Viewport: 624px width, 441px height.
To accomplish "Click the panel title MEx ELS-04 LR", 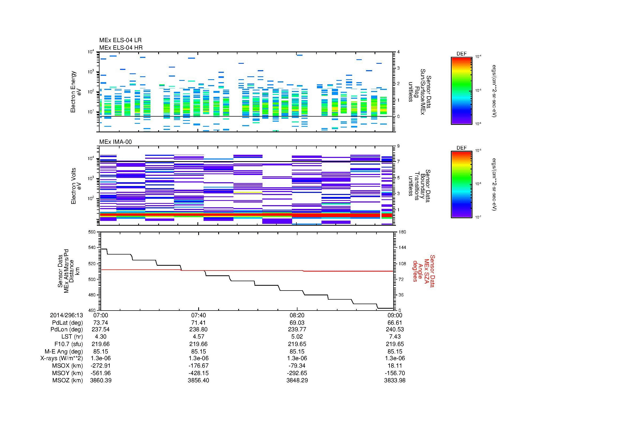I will click(120, 40).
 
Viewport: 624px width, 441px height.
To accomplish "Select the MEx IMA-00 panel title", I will click(115, 142).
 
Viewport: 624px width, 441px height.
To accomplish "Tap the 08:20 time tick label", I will click(297, 315).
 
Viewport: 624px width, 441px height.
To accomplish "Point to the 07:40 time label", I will click(199, 315).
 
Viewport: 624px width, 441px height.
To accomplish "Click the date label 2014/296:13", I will click(66, 315).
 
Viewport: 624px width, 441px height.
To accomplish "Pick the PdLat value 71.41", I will click(199, 323).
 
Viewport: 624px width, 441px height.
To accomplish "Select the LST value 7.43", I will click(395, 337).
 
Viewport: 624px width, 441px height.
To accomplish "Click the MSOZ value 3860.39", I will click(101, 380).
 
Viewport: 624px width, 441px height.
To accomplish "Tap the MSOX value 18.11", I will click(395, 366).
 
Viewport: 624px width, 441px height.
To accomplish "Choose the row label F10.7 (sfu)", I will click(69, 344).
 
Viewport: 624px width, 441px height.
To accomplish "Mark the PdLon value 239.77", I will click(297, 329).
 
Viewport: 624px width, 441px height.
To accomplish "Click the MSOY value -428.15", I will click(199, 373).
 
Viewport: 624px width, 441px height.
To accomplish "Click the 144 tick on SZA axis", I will click(402, 248).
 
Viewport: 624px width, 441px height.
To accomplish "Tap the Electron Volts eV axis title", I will click(76, 186).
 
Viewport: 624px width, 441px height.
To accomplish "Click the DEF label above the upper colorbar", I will click(461, 54).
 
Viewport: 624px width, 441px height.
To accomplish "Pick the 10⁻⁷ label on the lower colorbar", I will click(478, 217).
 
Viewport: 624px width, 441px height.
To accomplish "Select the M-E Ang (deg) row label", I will click(63, 351).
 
